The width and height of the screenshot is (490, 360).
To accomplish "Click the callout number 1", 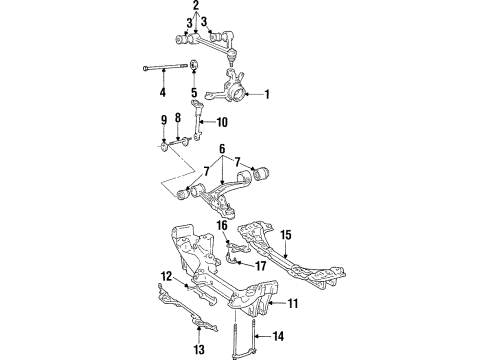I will [x=267, y=95].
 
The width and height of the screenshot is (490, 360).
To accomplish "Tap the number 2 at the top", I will [x=196, y=7].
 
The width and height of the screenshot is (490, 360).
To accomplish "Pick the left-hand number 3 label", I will [x=187, y=22].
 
